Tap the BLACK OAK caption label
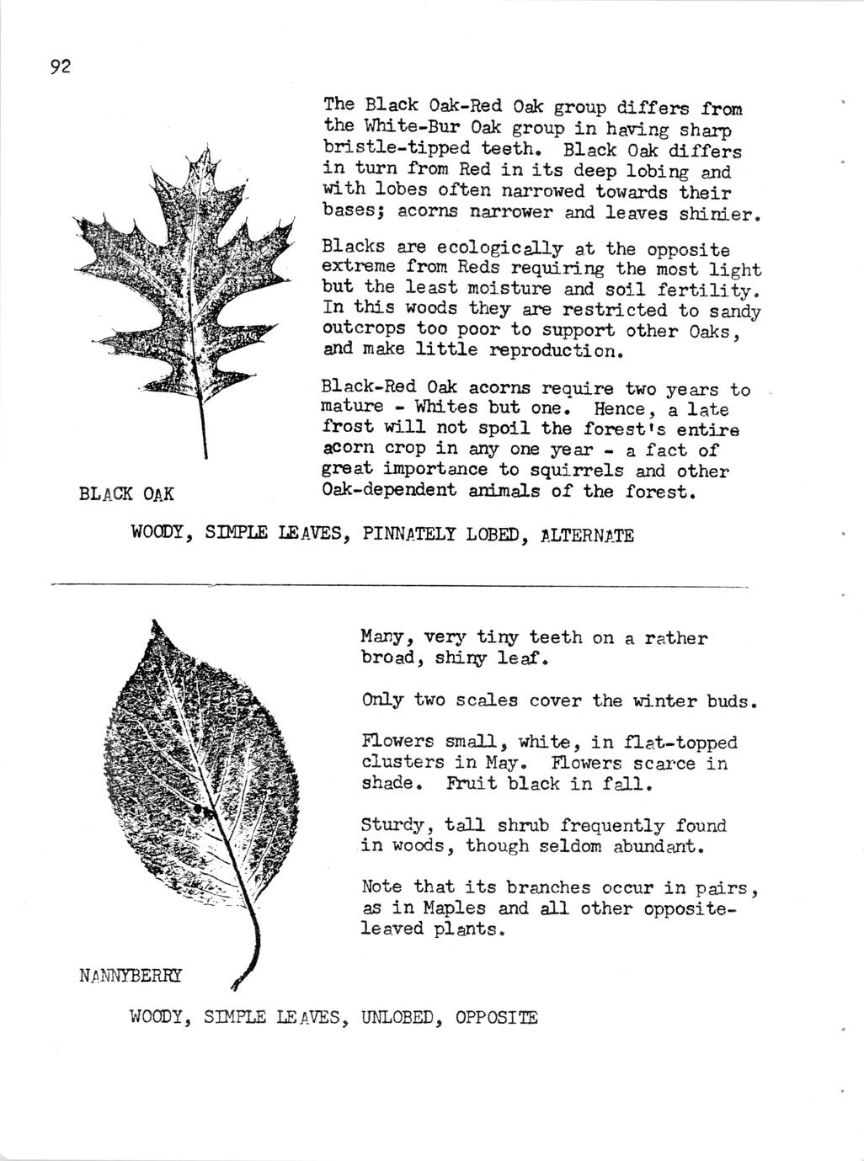pyautogui.click(x=126, y=493)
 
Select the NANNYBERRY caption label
pyautogui.click(x=130, y=976)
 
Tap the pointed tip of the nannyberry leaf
pyautogui.click(x=154, y=624)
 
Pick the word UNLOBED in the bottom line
pyautogui.click(x=397, y=1017)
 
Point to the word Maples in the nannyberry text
pyautogui.click(x=455, y=908)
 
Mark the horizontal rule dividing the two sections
pyautogui.click(x=400, y=584)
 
